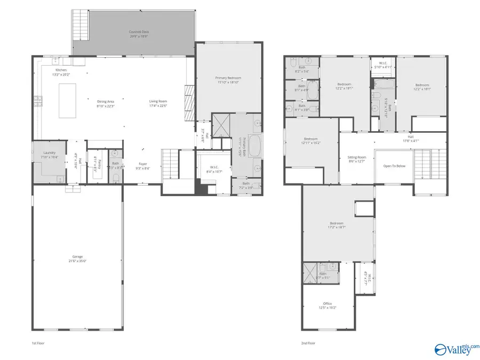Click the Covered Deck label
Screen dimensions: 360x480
coord(139,32)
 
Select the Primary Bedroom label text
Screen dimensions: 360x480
coord(228,78)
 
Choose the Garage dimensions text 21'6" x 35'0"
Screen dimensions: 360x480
coord(78,261)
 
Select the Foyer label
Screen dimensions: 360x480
coord(143,164)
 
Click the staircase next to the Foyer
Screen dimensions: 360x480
coord(170,165)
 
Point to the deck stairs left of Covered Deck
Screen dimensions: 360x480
coord(80,31)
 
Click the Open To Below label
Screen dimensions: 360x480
coord(394,166)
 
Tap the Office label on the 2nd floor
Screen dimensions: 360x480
coord(327,303)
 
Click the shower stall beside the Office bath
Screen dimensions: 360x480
coord(310,269)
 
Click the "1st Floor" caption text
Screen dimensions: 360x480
coord(38,343)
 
